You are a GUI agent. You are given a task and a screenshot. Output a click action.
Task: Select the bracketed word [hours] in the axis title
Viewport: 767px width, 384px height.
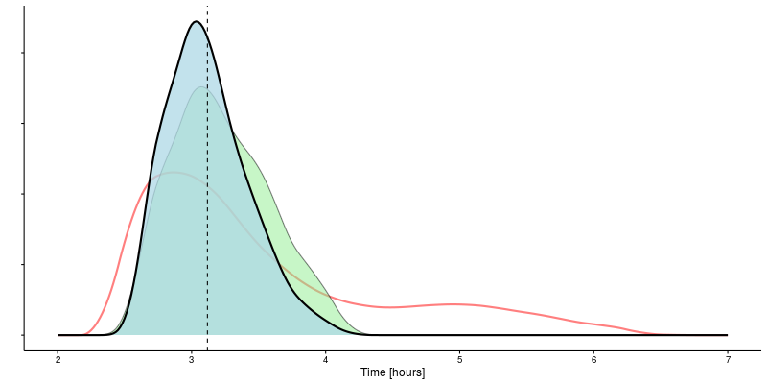(x=407, y=372)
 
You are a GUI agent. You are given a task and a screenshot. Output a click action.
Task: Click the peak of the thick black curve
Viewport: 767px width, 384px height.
(x=196, y=21)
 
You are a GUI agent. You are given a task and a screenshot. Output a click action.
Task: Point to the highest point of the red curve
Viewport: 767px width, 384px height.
(x=175, y=173)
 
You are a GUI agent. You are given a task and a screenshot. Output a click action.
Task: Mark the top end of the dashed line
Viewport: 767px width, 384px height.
(x=207, y=8)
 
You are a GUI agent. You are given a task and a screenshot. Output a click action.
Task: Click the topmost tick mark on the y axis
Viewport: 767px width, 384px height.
(x=22, y=53)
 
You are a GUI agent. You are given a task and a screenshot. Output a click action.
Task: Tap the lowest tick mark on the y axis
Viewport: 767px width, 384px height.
(x=22, y=335)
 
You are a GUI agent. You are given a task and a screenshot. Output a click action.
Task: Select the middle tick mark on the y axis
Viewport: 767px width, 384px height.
(x=22, y=194)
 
